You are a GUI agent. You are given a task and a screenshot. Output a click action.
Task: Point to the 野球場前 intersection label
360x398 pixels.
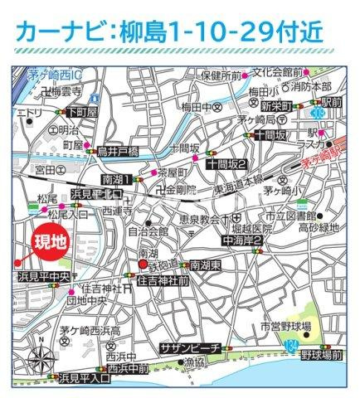click(x=321, y=354)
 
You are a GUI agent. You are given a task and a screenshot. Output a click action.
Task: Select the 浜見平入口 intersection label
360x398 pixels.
click(x=85, y=377)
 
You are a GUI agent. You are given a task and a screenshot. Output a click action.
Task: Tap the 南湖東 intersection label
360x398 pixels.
click(x=204, y=265)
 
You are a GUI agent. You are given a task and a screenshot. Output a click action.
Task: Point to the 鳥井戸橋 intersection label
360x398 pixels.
click(x=115, y=151)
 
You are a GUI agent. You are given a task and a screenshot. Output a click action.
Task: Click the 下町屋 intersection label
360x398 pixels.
click(x=82, y=112)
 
